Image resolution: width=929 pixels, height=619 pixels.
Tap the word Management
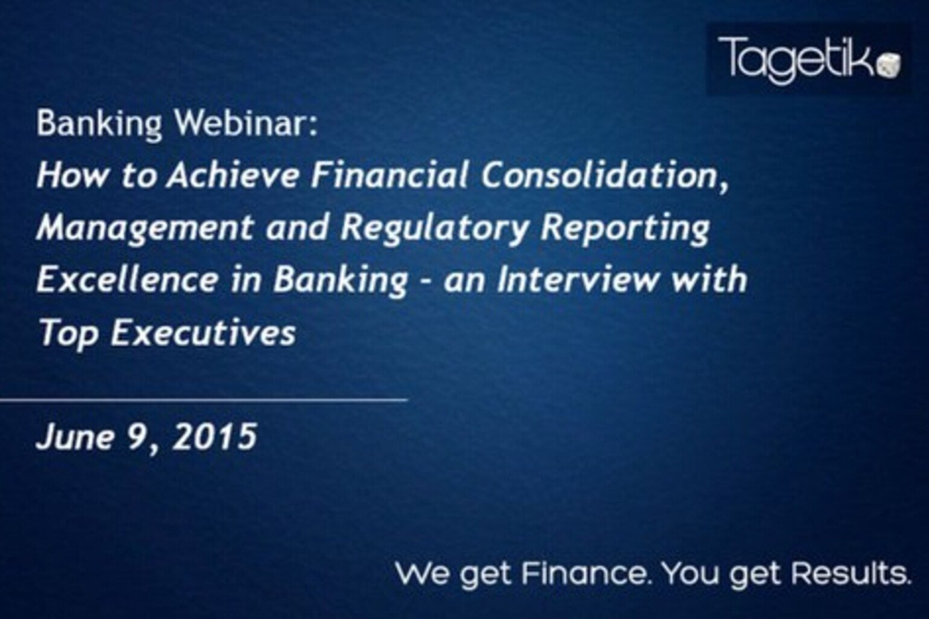coord(145,228)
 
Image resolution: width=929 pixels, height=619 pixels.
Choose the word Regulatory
coord(434,228)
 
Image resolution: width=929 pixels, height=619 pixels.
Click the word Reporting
coord(625,228)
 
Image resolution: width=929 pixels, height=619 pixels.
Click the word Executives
coord(203,332)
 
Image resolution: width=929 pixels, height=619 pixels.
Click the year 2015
coord(214,436)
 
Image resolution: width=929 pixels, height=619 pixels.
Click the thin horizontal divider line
coord(204,400)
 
